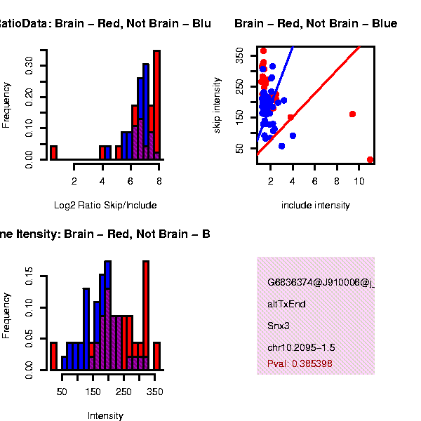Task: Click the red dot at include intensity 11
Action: pyautogui.click(x=370, y=159)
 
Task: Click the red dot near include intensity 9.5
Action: pyautogui.click(x=352, y=114)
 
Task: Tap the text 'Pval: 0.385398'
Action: pyautogui.click(x=300, y=364)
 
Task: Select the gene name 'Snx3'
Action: pyautogui.click(x=278, y=326)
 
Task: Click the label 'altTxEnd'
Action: pyautogui.click(x=286, y=305)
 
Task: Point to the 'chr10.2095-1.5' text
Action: pyautogui.click(x=301, y=348)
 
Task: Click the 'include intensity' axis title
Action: pyautogui.click(x=315, y=206)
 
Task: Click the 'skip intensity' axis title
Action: pyautogui.click(x=218, y=105)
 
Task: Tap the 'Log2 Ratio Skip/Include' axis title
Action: pyautogui.click(x=105, y=206)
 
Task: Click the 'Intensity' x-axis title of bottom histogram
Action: pyautogui.click(x=105, y=416)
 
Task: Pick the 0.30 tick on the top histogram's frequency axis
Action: pyautogui.click(x=29, y=65)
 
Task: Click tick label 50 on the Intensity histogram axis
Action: pyautogui.click(x=62, y=392)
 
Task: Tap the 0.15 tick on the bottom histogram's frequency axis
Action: pyautogui.click(x=29, y=277)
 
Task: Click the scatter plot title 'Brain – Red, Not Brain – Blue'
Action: pyautogui.click(x=315, y=24)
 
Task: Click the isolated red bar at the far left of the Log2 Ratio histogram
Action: pyautogui.click(x=53, y=152)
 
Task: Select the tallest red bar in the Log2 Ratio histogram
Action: pyautogui.click(x=157, y=105)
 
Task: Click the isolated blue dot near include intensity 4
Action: pyautogui.click(x=293, y=135)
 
